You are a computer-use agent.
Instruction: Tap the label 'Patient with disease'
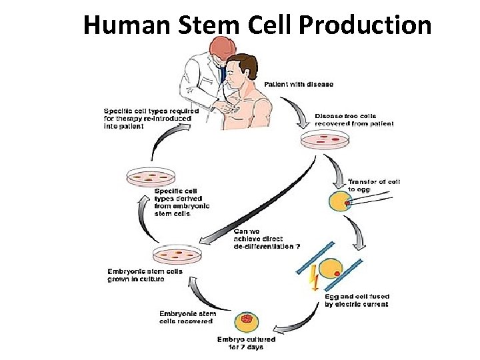click(299, 85)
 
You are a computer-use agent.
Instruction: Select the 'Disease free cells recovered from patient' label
click(354, 120)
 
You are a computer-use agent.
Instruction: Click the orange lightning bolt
click(314, 279)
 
